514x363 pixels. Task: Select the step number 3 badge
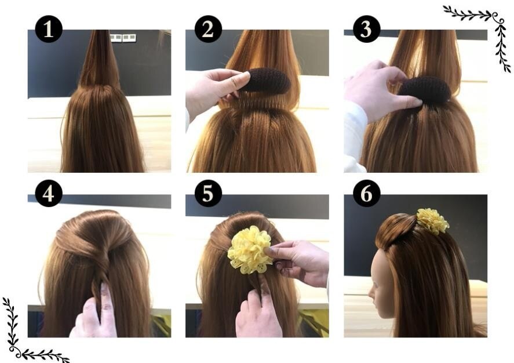(x=366, y=28)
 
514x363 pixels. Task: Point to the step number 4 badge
(x=49, y=193)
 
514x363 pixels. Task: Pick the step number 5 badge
(x=207, y=193)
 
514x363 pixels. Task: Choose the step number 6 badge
(x=366, y=193)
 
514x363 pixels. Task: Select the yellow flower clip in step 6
(x=432, y=221)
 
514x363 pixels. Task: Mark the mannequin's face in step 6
(x=380, y=284)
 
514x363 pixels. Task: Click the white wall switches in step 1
(x=123, y=38)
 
